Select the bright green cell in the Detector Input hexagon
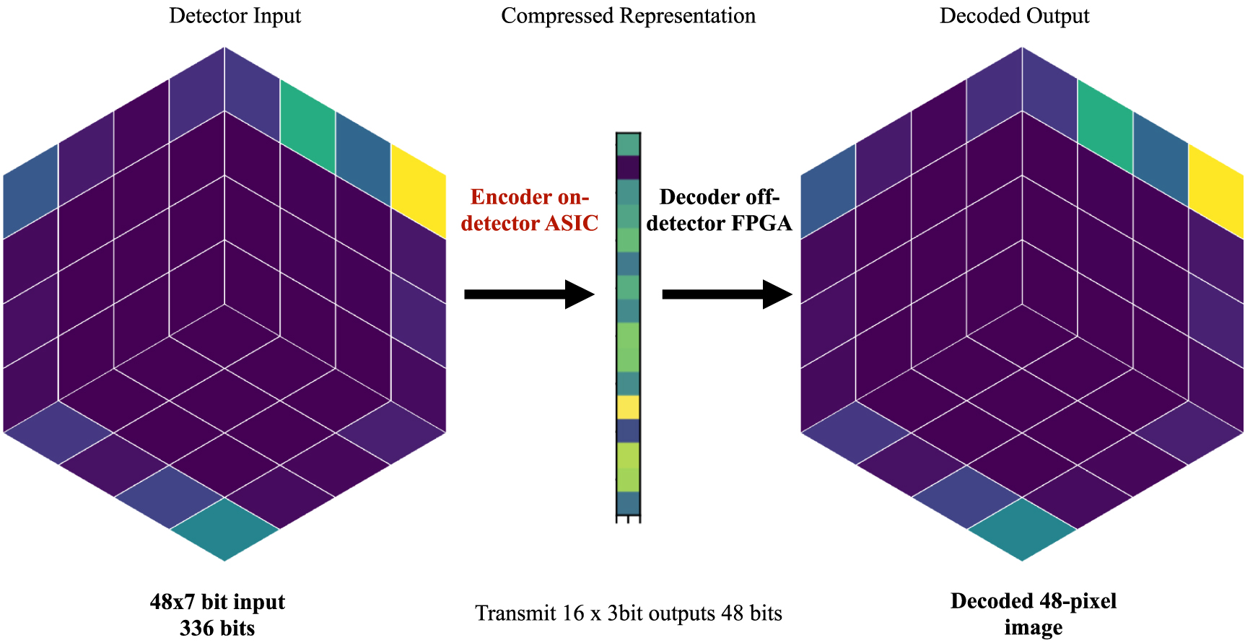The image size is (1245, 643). coord(307,126)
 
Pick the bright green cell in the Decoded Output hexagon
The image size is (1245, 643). coord(1105,126)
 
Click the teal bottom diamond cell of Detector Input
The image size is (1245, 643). coord(224,529)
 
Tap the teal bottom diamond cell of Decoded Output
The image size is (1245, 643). coord(1022,529)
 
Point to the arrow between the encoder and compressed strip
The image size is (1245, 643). coord(528,294)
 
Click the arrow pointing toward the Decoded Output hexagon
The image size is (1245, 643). coord(727,294)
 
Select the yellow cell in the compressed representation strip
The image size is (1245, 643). coord(628,407)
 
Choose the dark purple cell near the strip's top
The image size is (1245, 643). coord(628,167)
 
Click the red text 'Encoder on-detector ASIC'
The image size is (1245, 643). coord(529,210)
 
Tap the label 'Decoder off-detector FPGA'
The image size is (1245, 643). coord(719,210)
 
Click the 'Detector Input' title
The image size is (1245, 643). coord(235,16)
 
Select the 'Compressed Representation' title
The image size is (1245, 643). coord(628,16)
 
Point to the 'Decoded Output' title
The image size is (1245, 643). coord(1014,16)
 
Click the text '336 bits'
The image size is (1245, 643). coord(217,628)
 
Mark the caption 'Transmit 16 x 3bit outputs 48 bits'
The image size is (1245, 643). coord(628,613)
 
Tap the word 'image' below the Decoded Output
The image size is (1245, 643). coord(1033,628)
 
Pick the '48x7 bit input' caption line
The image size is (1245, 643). coord(217,602)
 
